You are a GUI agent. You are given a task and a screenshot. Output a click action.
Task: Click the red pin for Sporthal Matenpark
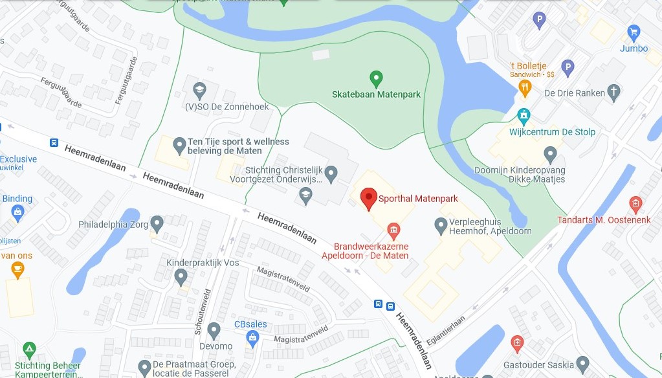tap(368, 198)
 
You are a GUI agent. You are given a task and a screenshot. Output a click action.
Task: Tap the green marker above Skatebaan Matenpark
tap(376, 80)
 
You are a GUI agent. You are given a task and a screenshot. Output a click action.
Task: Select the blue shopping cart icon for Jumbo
tap(634, 32)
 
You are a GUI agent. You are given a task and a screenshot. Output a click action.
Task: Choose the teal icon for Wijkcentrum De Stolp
tap(524, 116)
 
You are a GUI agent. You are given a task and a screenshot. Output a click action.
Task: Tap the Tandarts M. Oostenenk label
tap(604, 220)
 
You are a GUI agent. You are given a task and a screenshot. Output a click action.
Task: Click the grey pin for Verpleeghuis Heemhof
tap(441, 225)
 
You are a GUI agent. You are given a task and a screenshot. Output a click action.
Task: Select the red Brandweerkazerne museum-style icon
tap(393, 229)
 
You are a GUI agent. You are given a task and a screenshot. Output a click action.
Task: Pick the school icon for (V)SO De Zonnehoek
tap(199, 89)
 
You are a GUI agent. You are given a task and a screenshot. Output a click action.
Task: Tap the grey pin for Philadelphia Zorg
tap(157, 224)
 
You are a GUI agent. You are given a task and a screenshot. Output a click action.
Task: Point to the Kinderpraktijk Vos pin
tap(181, 277)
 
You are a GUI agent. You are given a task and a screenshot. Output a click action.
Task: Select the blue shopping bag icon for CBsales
tap(252, 337)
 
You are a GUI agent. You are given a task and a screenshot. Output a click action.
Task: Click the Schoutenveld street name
tap(201, 311)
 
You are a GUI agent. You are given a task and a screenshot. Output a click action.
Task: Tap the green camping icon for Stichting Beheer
tap(29, 350)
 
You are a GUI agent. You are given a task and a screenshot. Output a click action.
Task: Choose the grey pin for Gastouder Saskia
tap(582, 364)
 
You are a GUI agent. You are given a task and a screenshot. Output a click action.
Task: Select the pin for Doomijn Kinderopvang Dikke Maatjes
tap(551, 155)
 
